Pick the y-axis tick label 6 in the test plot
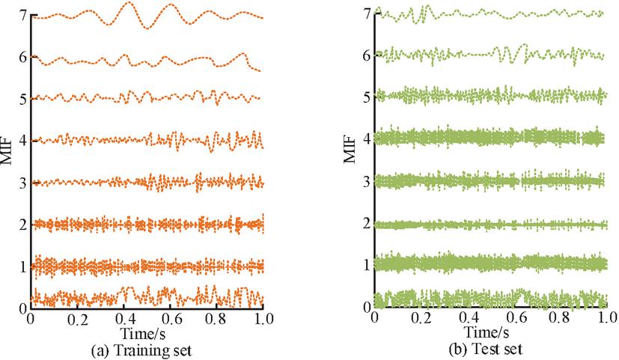click(367, 56)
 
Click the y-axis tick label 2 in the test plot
click(367, 224)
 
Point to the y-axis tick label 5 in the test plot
click(367, 98)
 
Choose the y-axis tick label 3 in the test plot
click(367, 182)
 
